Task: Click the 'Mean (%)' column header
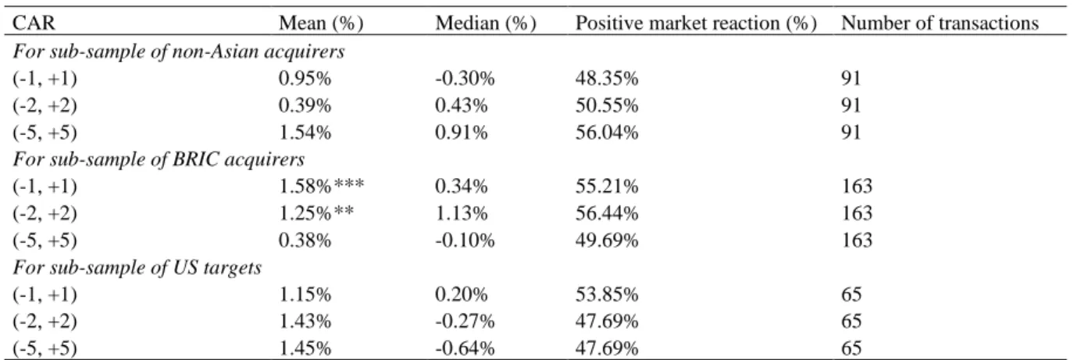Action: pos(321,23)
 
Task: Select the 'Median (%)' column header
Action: pos(485,23)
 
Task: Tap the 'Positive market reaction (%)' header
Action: pos(696,23)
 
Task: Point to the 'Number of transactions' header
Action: pos(940,23)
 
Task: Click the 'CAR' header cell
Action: pos(34,23)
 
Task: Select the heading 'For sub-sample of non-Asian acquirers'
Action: pos(178,51)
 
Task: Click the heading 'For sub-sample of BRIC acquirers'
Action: pos(159,159)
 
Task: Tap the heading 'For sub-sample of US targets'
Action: pos(137,267)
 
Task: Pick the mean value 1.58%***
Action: pos(321,186)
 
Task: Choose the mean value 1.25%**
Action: pos(316,213)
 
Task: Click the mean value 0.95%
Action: pos(305,78)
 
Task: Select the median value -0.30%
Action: pos(465,78)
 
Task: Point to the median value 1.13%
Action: pos(461,213)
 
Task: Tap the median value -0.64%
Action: pos(465,348)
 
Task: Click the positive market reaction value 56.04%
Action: pos(607,132)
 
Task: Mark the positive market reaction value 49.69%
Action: pos(607,240)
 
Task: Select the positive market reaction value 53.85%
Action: pos(607,294)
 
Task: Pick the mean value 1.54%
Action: pos(305,132)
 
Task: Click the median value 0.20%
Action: pos(461,294)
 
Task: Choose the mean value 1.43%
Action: pos(305,321)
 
